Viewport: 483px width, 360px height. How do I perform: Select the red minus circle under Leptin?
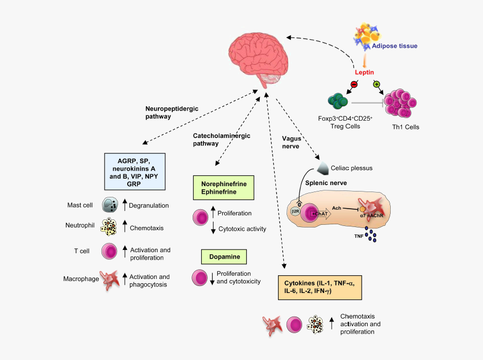point(354,84)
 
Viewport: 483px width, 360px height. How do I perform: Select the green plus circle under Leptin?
point(376,84)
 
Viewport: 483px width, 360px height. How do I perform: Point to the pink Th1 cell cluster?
point(402,104)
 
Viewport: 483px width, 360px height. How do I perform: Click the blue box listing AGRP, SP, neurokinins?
point(135,171)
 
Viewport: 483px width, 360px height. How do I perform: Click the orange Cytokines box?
point(317,287)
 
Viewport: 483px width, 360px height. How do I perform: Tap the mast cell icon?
point(110,205)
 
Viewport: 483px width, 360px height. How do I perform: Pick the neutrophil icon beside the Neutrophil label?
point(110,227)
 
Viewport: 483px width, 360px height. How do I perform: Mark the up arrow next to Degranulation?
point(125,205)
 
